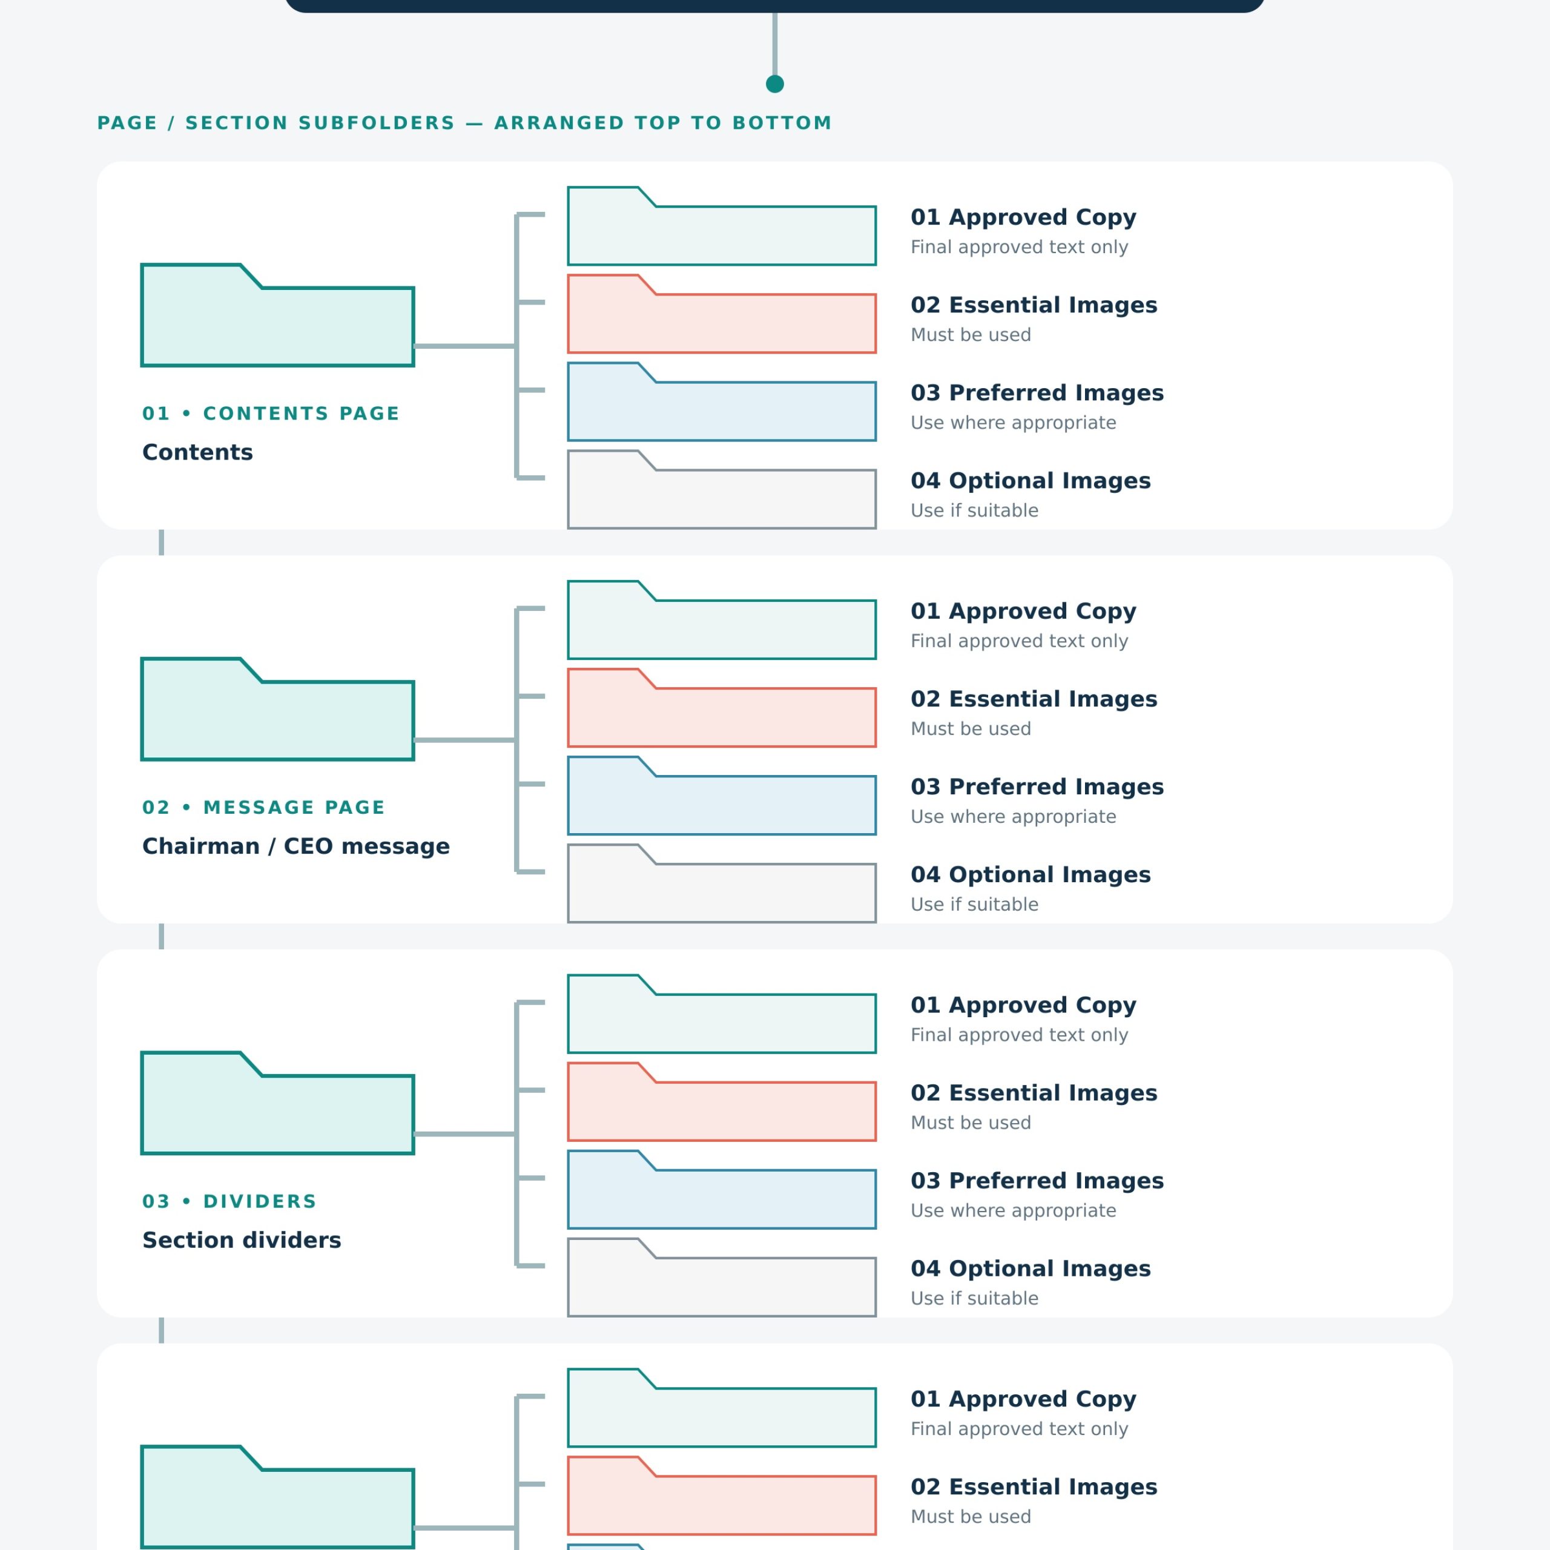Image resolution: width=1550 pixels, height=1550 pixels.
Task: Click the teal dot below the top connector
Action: point(774,84)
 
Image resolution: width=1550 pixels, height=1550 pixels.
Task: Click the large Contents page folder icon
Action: point(277,315)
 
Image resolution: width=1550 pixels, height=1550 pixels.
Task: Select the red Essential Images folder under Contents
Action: point(721,314)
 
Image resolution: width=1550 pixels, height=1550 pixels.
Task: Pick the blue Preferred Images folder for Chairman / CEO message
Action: point(721,796)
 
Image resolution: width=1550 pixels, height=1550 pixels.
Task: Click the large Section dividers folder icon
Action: point(277,1103)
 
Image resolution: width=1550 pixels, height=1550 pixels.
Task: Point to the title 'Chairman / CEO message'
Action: point(296,846)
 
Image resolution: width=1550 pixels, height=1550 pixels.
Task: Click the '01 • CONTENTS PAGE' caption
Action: point(271,413)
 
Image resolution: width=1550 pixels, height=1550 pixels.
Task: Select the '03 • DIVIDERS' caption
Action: point(229,1201)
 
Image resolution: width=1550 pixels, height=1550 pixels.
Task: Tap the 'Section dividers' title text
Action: point(242,1241)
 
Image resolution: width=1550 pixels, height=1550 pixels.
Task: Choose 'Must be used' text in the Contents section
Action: point(971,335)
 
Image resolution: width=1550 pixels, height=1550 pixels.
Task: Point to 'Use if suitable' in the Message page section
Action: point(974,904)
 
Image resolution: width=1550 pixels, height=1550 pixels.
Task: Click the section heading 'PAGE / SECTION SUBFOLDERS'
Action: point(276,123)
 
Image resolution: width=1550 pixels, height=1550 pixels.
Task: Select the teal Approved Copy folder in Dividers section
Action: point(721,1014)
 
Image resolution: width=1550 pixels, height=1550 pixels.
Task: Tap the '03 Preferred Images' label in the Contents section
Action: point(1037,392)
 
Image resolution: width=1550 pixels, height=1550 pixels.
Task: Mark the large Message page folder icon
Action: point(277,709)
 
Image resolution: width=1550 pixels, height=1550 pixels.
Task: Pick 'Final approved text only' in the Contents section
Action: point(1019,247)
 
